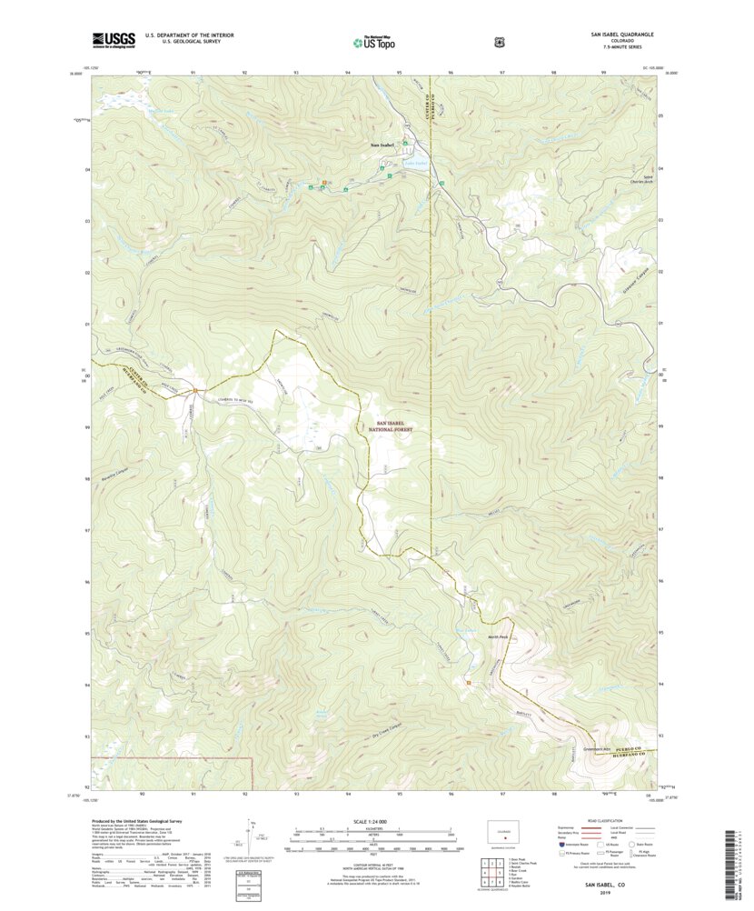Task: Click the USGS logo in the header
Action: pos(114,39)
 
